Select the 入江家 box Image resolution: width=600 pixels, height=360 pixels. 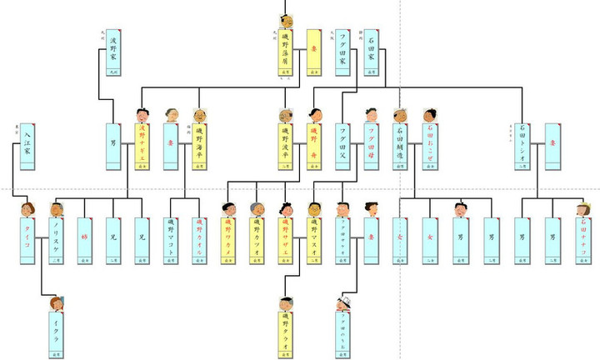(x=26, y=147)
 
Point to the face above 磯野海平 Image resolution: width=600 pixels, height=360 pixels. (x=199, y=115)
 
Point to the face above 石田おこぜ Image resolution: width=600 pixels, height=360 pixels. (x=429, y=115)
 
